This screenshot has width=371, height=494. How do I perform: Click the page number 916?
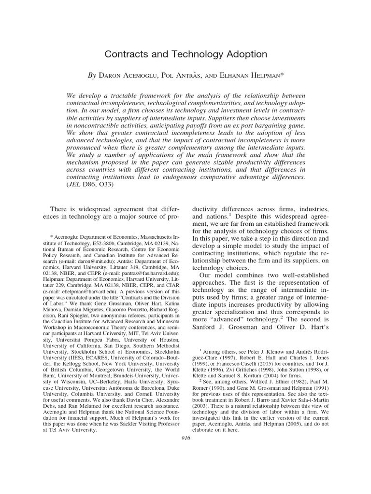point(185,438)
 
